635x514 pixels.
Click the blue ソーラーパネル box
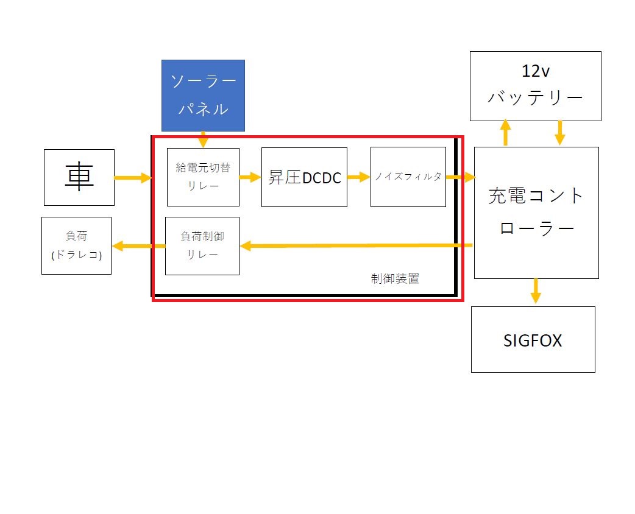point(203,95)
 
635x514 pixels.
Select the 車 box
point(79,177)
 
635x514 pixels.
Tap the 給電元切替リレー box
point(203,177)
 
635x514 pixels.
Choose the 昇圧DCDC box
point(304,177)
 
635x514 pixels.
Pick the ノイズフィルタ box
point(408,177)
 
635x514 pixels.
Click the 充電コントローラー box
point(536,212)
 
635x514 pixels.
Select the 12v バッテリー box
point(535,86)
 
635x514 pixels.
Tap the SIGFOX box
point(533,339)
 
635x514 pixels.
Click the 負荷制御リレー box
point(202,246)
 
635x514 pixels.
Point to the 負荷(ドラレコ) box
point(77,245)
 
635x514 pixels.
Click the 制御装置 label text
point(395,279)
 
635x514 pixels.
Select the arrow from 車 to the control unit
point(132,178)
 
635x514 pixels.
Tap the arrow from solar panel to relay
point(204,139)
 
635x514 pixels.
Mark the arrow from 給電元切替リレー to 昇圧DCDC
point(250,177)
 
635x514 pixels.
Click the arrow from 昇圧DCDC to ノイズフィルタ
point(358,177)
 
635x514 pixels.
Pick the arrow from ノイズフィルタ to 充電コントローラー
point(460,177)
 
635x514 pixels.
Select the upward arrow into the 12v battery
point(505,133)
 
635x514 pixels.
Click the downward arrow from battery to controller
point(559,133)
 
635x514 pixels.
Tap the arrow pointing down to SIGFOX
point(536,290)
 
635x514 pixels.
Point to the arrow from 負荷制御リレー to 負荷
point(138,246)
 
